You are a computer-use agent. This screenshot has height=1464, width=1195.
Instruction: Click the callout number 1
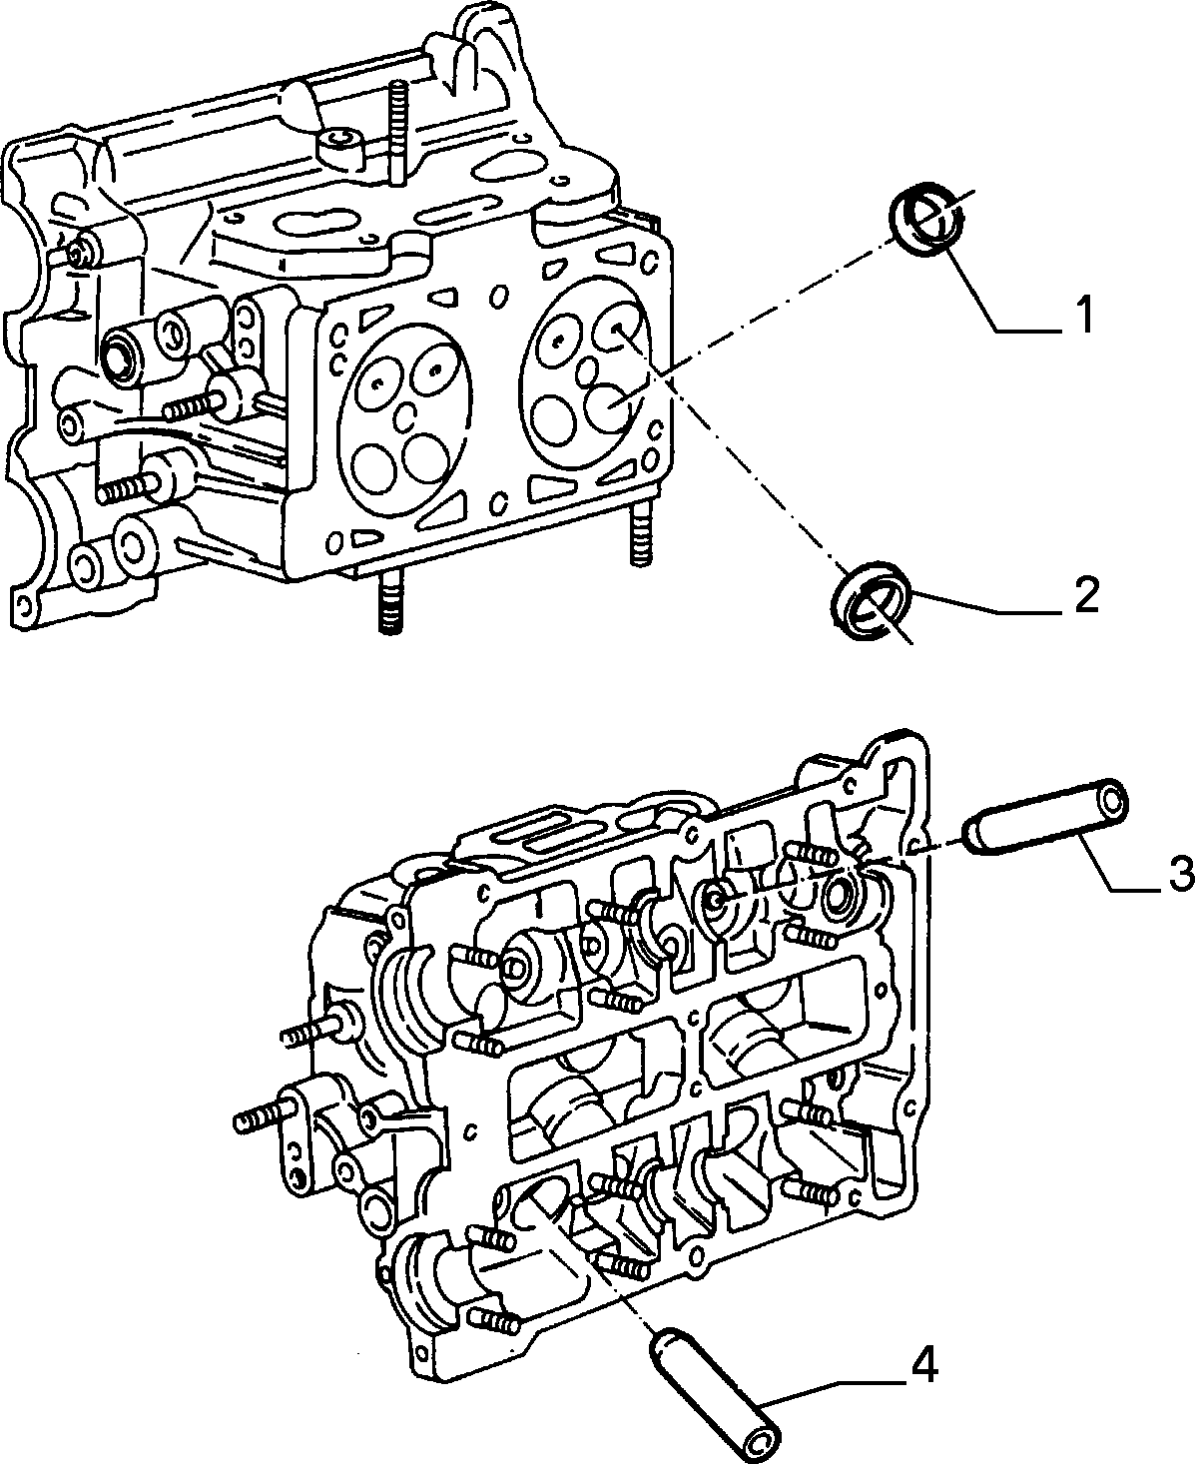pos(1084,315)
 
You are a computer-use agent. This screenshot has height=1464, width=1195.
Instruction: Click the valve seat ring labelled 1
pos(925,220)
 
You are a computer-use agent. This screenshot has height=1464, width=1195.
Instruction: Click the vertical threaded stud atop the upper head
pos(397,132)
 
